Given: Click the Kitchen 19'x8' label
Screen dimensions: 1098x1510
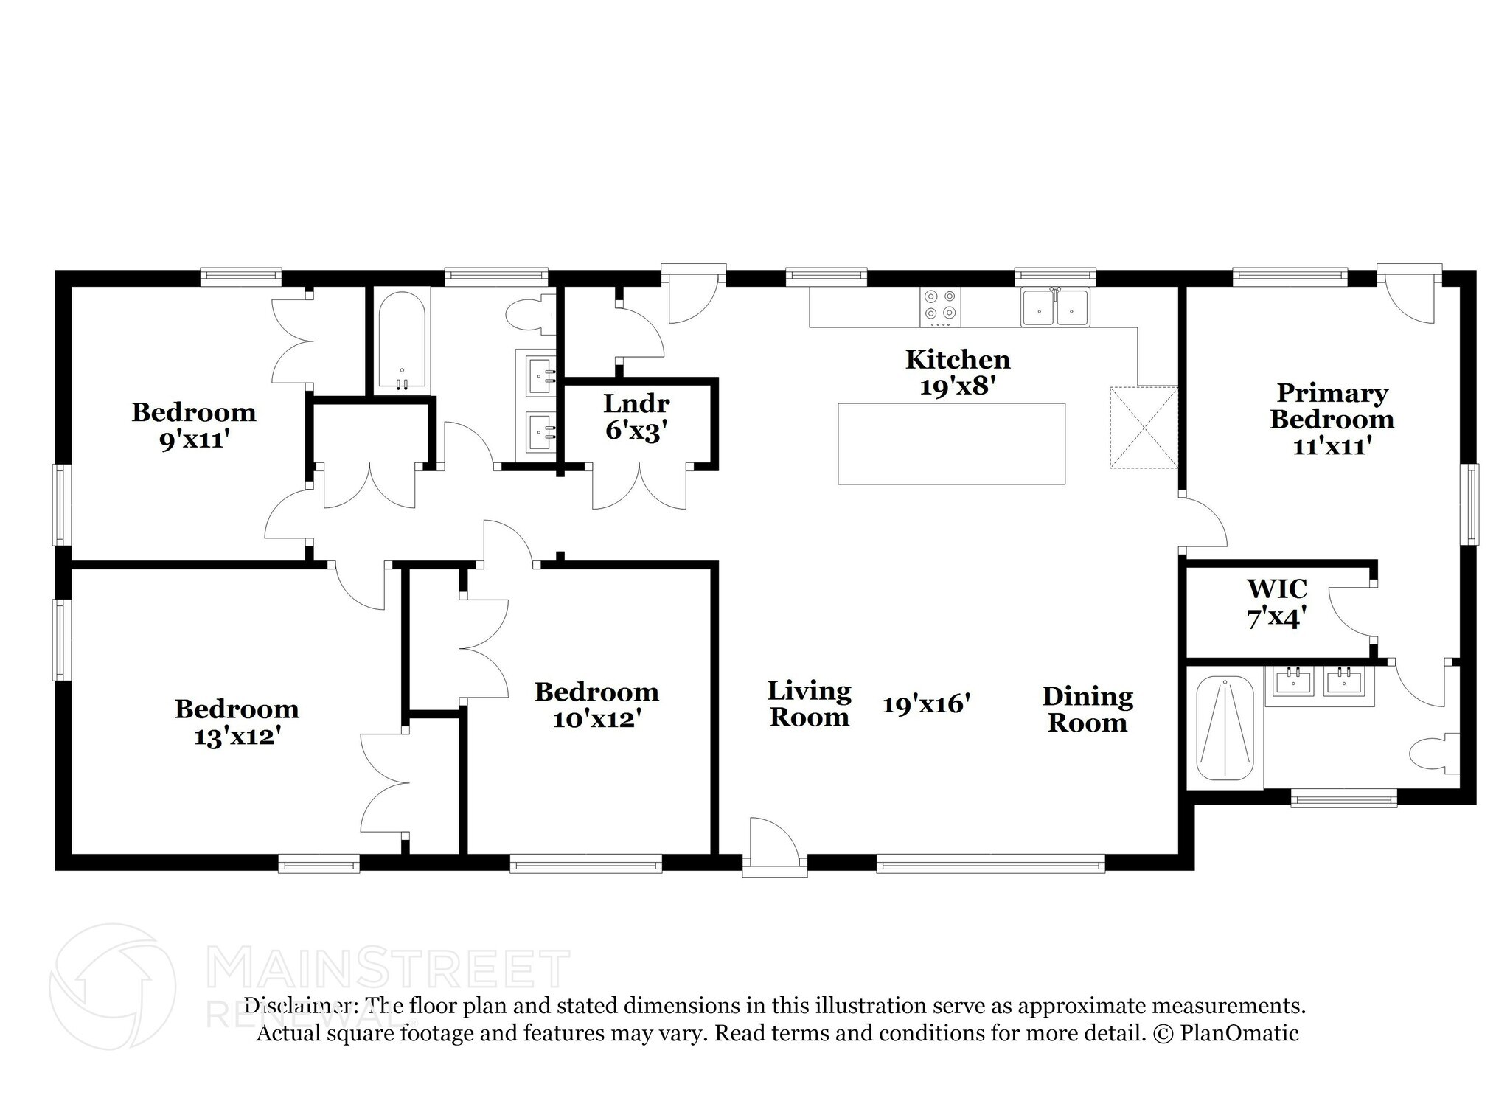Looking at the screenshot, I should click(x=957, y=372).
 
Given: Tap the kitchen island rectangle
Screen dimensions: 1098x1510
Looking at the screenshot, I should click(x=951, y=443).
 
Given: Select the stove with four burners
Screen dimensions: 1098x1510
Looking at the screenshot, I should click(x=940, y=307).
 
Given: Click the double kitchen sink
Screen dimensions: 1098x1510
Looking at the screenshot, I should click(x=1054, y=307).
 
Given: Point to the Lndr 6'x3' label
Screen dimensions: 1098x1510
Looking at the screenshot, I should click(x=636, y=417).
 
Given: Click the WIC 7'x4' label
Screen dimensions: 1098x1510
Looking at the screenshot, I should click(x=1276, y=602).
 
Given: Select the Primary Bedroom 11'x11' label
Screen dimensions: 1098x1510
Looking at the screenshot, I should click(x=1332, y=419).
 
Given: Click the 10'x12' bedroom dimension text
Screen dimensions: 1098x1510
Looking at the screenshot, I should click(x=596, y=718).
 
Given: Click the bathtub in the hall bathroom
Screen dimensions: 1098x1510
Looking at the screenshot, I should click(x=402, y=338).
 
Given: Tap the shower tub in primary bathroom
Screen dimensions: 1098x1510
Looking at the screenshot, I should click(x=1224, y=729).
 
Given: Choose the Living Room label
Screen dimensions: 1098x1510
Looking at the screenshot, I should click(x=809, y=703).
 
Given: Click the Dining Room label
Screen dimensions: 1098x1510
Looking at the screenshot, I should click(x=1088, y=709).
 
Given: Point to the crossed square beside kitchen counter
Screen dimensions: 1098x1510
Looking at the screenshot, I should click(x=1144, y=427).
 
